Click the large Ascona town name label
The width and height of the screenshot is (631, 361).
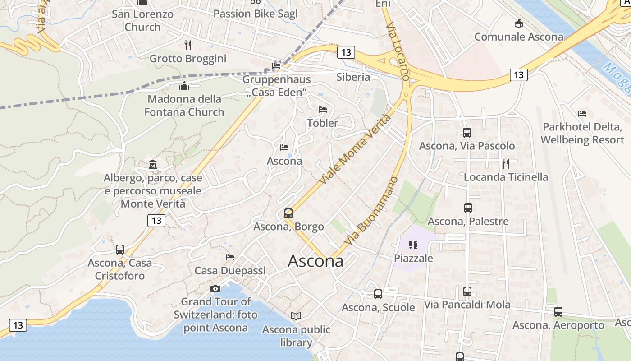315,261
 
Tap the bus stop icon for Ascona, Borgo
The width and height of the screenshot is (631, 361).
288,213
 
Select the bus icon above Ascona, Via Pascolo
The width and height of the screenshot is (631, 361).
467,133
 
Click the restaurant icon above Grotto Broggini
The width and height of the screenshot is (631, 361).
188,45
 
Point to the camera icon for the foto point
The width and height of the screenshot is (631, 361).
215,288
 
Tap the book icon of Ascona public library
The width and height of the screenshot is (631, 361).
296,316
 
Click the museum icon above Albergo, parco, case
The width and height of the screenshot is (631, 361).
152,165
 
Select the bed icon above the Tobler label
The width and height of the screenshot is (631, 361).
322,110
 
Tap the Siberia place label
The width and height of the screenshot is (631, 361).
353,77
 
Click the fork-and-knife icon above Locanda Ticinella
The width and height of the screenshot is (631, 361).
506,163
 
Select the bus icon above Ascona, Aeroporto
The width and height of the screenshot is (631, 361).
558,311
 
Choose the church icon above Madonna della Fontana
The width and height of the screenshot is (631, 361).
184,86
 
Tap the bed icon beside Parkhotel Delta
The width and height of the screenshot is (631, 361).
582,114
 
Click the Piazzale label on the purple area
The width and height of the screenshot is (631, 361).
413,258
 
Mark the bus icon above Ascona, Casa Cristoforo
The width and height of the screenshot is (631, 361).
119,249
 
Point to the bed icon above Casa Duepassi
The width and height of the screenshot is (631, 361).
230,257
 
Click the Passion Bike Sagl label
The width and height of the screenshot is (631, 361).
256,14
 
